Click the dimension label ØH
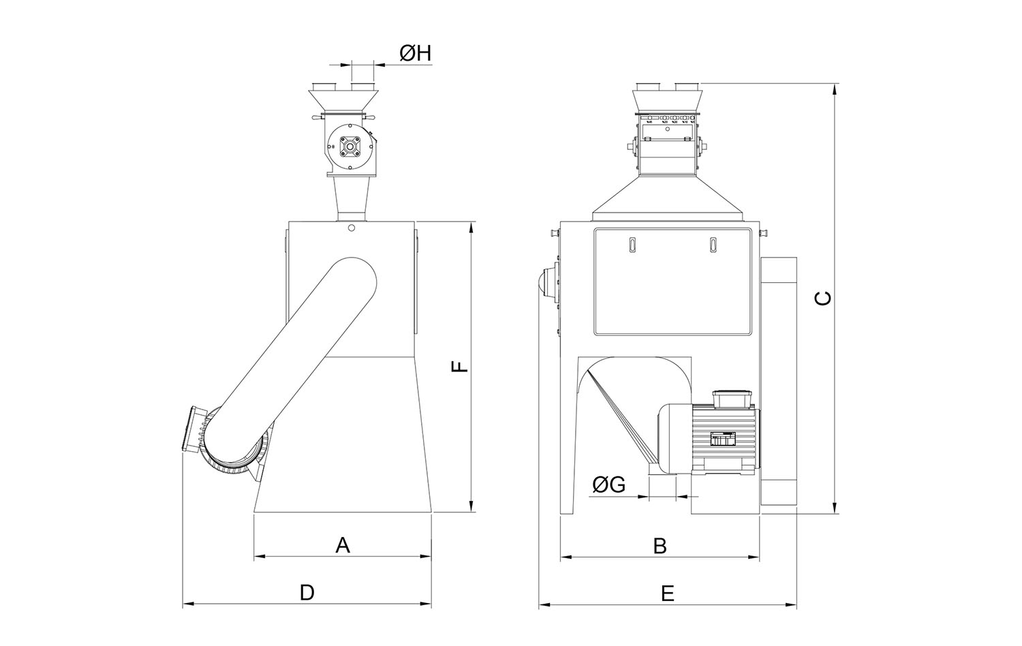416,53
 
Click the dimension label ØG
608,484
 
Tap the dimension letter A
343,545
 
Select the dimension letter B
660,546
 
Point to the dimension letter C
824,298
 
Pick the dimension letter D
307,593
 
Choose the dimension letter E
668,594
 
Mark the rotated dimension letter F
461,367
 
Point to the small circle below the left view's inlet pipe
351,228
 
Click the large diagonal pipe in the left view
293,361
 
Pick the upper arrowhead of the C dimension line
836,88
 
